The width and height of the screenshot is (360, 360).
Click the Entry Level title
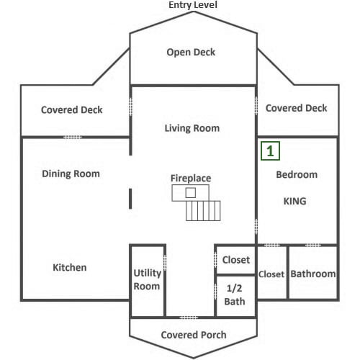coord(193,5)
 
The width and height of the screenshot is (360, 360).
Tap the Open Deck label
coord(191,53)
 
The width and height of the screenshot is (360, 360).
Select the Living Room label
coord(192,128)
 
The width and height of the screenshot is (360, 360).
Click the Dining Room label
coord(71,174)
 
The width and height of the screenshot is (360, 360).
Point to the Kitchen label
coord(70,267)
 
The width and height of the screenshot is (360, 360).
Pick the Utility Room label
coord(147,279)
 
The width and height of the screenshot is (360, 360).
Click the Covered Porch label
coord(194,335)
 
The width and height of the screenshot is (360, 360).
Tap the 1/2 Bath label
coord(235,294)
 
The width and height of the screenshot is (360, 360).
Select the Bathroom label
coord(313,274)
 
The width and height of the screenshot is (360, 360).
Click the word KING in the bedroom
coord(295,201)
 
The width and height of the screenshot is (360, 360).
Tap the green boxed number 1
coord(270,151)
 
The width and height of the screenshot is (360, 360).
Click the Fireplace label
coord(191,179)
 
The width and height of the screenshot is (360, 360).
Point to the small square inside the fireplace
coord(191,193)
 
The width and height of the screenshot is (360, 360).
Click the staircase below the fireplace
coord(203,211)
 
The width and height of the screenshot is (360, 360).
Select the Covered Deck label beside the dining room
coord(72,110)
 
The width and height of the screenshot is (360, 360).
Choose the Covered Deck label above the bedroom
coord(296,108)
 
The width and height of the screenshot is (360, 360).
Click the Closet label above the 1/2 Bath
coord(236,260)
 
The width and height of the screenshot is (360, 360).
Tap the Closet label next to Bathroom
coord(271,274)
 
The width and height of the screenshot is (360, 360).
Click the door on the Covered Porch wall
coord(189,318)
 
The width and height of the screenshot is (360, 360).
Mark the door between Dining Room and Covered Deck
coord(73,138)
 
